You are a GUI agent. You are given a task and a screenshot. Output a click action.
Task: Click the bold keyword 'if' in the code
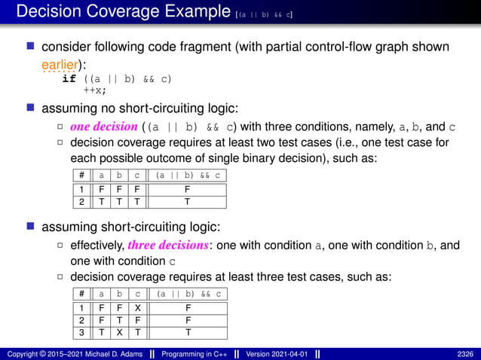[x=69, y=78]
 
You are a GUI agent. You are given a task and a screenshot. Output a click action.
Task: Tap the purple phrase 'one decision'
[x=103, y=126]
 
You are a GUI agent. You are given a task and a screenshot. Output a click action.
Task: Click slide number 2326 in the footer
[x=464, y=354]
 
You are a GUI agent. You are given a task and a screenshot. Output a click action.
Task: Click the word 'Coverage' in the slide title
[x=121, y=12]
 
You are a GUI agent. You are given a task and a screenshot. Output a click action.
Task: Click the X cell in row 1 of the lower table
[x=138, y=307]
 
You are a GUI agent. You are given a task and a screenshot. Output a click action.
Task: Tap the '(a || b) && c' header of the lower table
[x=188, y=294]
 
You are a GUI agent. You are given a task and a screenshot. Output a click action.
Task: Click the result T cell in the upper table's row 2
[x=188, y=201]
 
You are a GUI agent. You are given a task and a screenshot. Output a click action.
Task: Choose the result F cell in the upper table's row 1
[x=188, y=189]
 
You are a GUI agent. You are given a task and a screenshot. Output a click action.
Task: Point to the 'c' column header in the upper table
[x=138, y=175]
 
